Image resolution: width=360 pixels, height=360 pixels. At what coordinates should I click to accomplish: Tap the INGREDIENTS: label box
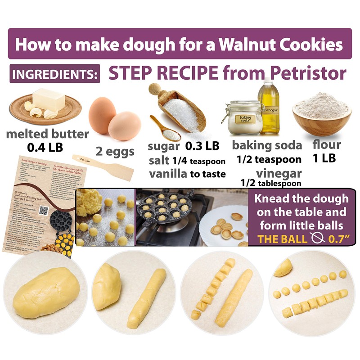[54, 74]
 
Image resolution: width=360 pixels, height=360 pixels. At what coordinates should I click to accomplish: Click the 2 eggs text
[116, 151]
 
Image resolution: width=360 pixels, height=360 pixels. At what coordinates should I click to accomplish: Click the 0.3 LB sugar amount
[202, 147]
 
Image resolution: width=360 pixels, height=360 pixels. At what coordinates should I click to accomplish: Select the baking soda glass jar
[244, 117]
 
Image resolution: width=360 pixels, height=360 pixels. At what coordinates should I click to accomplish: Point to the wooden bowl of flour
[322, 114]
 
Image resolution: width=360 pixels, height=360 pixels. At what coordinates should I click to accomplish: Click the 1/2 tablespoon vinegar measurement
[271, 183]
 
